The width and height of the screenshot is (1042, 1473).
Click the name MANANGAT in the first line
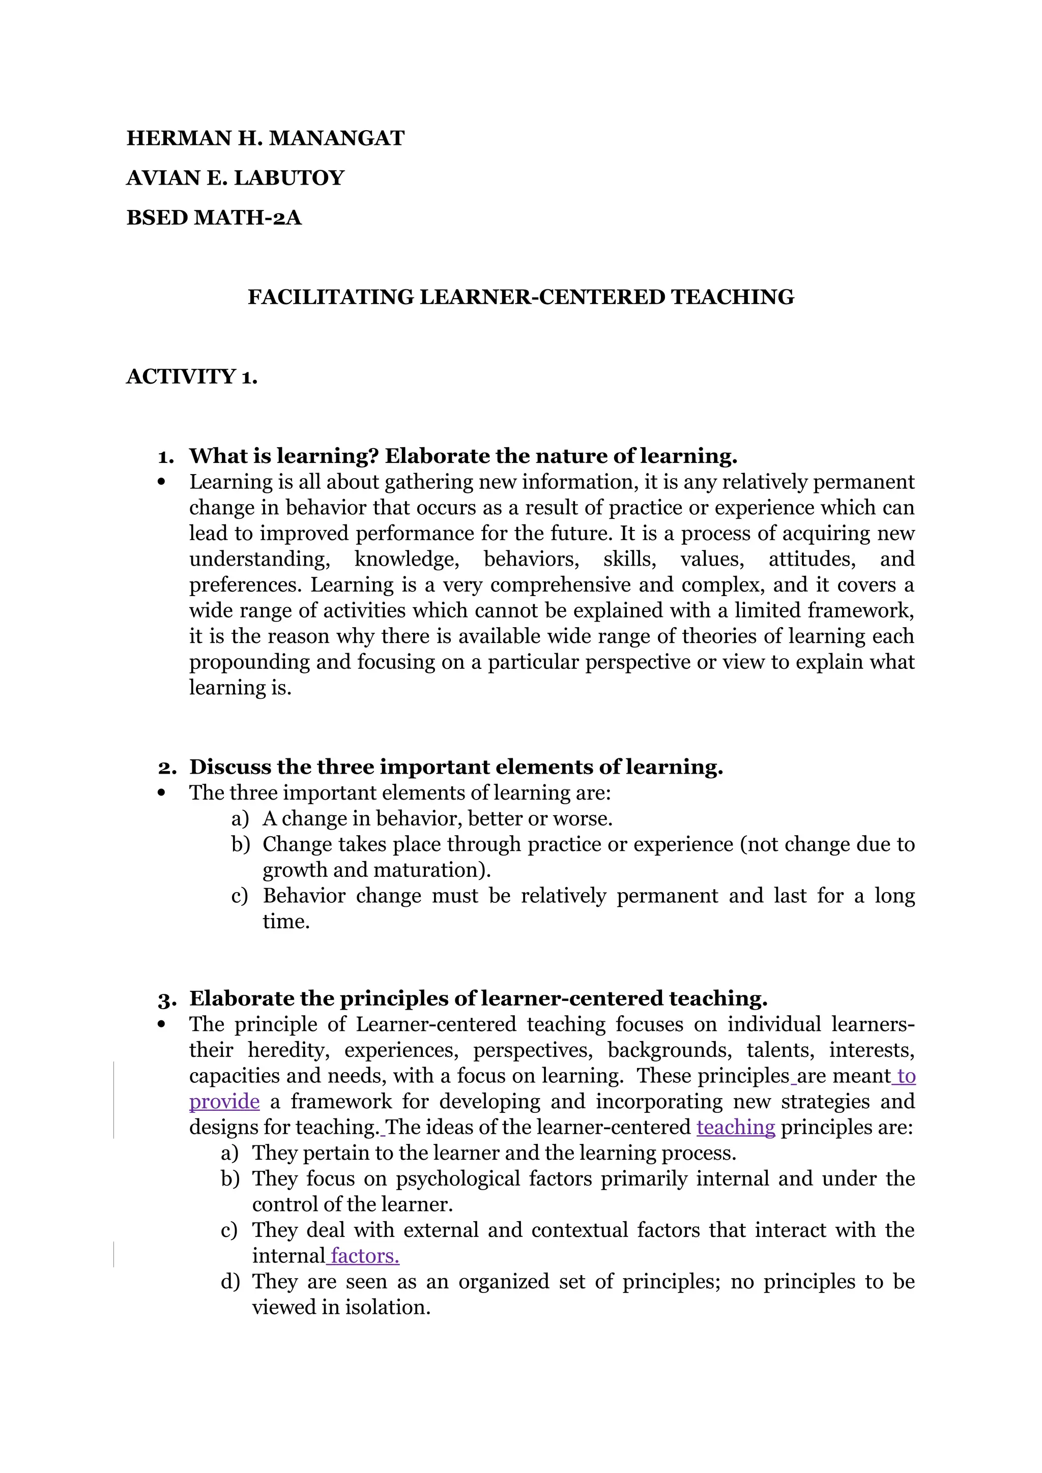point(336,138)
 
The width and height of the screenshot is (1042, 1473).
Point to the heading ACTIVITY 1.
point(192,376)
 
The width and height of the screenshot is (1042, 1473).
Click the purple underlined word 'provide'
point(224,1102)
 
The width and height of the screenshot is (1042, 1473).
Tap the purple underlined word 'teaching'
point(735,1127)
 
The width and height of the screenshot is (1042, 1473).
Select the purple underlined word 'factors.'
point(364,1255)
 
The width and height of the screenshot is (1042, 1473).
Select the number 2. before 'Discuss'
point(167,768)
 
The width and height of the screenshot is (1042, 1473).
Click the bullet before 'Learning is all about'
point(161,482)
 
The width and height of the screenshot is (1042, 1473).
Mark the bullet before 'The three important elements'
point(161,793)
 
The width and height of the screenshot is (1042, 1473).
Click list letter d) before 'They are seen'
point(229,1281)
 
